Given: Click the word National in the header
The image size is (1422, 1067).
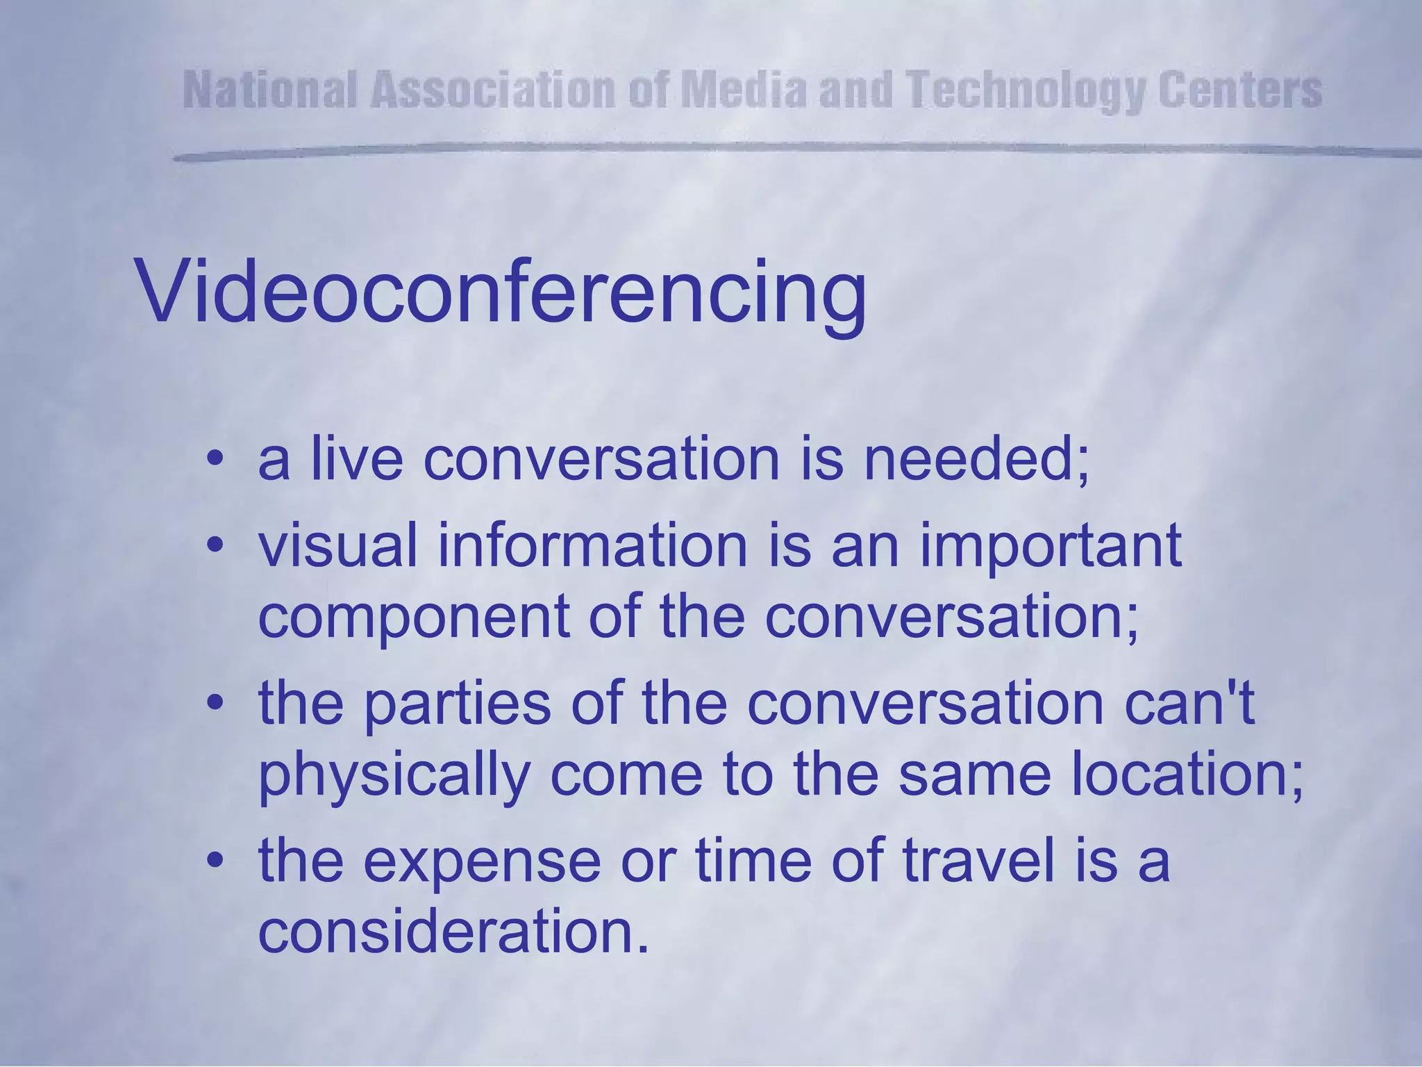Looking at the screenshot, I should (271, 91).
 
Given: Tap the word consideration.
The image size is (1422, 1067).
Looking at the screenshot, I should (453, 932).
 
